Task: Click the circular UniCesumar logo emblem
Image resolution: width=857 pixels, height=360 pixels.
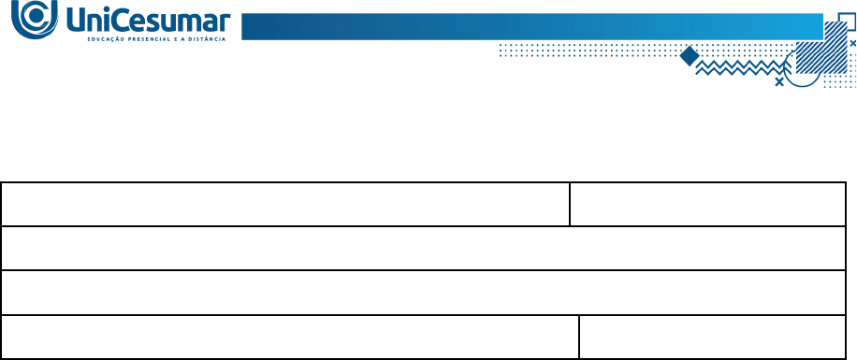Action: tap(35, 20)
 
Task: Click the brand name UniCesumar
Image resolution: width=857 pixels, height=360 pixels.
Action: tap(149, 22)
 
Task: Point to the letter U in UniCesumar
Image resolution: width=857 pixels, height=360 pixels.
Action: tap(78, 22)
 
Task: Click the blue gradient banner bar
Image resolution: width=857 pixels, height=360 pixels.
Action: tap(532, 26)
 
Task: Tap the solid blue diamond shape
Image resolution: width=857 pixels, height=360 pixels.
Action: tap(690, 56)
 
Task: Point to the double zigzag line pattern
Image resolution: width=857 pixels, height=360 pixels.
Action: tap(740, 67)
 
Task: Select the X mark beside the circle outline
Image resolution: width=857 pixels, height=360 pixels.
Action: tap(779, 82)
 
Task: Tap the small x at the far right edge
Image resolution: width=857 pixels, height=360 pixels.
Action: tap(853, 43)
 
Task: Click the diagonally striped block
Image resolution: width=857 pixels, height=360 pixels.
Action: tap(821, 47)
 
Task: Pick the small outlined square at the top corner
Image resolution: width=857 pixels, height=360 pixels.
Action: tap(847, 22)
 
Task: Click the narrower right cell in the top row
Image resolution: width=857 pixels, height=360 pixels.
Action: tap(708, 204)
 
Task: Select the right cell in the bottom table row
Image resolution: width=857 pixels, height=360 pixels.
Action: tap(713, 337)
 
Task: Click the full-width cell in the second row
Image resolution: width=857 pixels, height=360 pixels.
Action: tap(424, 248)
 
